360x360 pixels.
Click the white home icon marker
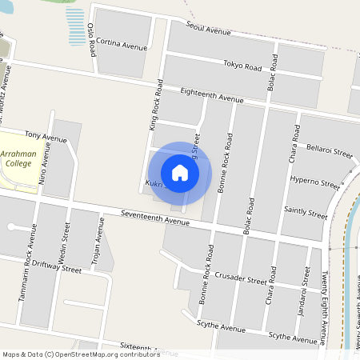coord(180,172)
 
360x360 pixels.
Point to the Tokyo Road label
coord(242,65)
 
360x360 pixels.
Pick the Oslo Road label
coord(92,38)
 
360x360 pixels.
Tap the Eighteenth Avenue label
coord(211,96)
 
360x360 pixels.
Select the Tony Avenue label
coord(46,137)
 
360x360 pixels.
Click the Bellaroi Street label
coord(330,151)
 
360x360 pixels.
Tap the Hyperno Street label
coord(314,182)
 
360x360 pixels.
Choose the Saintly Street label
coord(306,212)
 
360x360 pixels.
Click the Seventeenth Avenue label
coord(155,216)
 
